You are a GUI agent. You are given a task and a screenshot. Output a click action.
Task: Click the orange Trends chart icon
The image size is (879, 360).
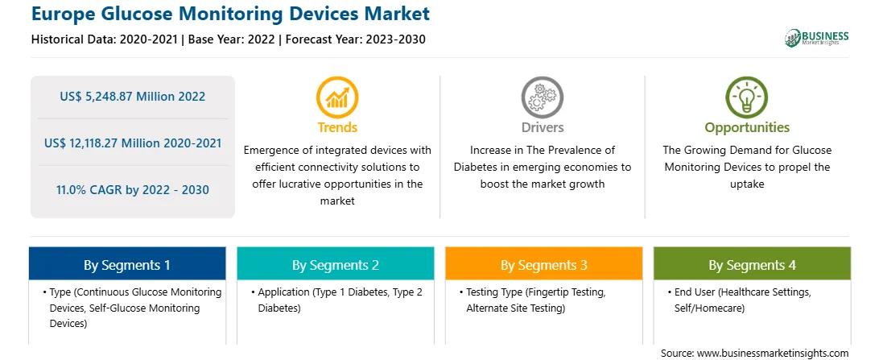coord(337,97)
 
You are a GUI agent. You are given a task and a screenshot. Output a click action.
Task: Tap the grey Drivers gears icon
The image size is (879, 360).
coord(542,97)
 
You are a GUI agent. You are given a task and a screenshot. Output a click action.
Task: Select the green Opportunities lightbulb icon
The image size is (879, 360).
coord(747,97)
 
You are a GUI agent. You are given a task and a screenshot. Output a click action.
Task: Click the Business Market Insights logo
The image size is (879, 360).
coord(817,38)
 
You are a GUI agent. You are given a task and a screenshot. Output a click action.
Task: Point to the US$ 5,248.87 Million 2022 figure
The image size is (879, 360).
coord(132,97)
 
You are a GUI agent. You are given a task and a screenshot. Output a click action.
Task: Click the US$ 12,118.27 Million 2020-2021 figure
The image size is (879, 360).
coord(132,143)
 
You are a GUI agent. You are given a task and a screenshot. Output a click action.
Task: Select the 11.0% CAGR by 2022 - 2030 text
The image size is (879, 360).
coord(132,189)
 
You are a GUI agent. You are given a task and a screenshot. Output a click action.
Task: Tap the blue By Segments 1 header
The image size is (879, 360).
coord(127,264)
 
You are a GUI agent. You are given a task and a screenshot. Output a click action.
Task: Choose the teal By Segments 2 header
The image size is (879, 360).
coord(335,264)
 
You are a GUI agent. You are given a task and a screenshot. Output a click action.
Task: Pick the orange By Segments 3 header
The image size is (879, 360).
coord(544,264)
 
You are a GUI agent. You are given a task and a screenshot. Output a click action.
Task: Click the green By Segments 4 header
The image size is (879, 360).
coord(752,264)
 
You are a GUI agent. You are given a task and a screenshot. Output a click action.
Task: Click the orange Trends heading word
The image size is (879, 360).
coord(337,127)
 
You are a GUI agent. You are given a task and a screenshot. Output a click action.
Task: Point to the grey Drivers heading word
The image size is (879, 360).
coord(542,127)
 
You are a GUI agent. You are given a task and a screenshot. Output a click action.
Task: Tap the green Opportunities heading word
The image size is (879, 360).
coord(747,127)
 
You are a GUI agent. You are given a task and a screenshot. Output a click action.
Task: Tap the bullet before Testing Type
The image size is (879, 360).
coord(460,292)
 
